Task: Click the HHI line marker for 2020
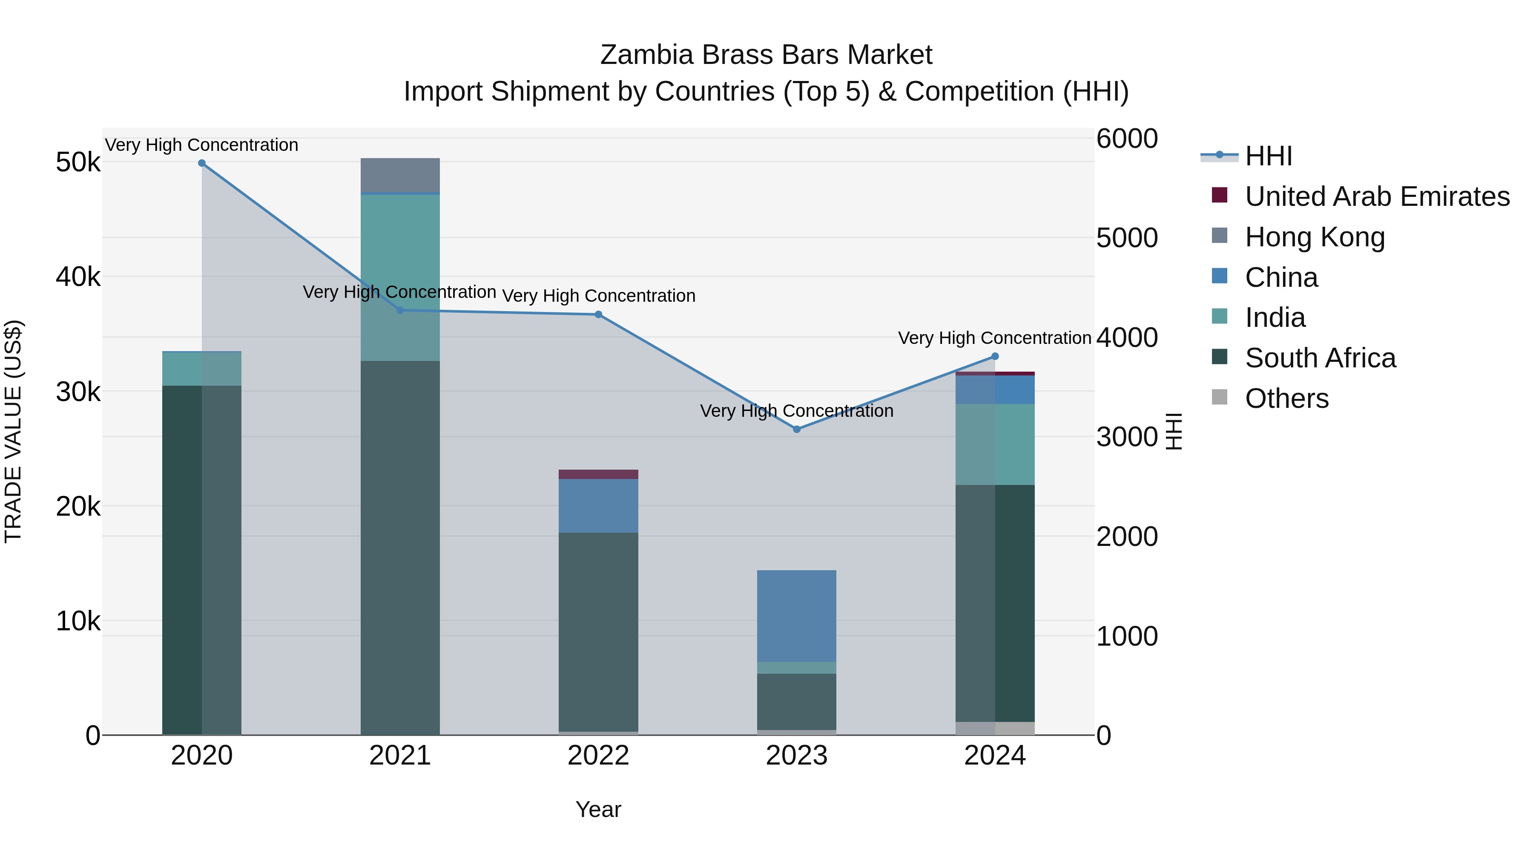click(x=202, y=163)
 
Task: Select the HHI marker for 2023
click(x=797, y=430)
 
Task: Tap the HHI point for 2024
click(x=995, y=357)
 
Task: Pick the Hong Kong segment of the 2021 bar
click(x=400, y=175)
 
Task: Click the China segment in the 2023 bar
click(x=796, y=616)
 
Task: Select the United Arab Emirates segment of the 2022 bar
click(x=598, y=474)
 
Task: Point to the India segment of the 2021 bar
click(x=400, y=277)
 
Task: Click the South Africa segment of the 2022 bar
click(x=598, y=631)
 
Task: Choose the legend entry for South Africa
click(x=1320, y=358)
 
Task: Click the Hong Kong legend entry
click(x=1315, y=237)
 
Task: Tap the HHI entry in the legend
click(x=1268, y=156)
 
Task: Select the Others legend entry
click(x=1286, y=398)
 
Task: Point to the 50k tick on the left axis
click(x=78, y=162)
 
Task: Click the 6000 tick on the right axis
click(x=1126, y=139)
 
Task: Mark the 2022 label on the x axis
click(x=598, y=756)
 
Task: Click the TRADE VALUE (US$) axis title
click(x=13, y=431)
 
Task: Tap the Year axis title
click(x=598, y=809)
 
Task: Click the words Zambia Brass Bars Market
click(x=766, y=55)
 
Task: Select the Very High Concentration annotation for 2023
click(x=796, y=411)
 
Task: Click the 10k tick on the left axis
click(x=78, y=621)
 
